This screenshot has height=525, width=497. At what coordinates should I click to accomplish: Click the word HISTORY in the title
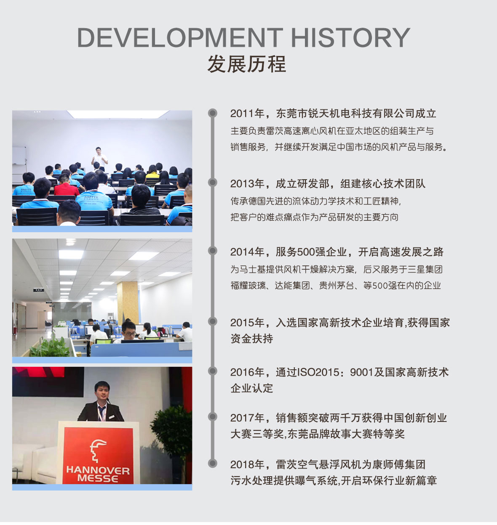pos(350,37)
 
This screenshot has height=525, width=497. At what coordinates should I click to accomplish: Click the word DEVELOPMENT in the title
pos(180,37)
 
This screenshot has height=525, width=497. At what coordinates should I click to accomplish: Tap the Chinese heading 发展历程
pos(246,64)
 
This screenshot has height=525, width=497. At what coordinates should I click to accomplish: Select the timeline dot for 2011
pos(213,113)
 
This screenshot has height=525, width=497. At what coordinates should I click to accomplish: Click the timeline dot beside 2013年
pos(213,183)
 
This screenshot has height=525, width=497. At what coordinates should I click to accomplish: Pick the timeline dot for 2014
pos(213,250)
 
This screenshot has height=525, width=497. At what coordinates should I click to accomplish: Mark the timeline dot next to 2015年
pos(213,321)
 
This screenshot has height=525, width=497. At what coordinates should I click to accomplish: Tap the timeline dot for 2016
pos(213,371)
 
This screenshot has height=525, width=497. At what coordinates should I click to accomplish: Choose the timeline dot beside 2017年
pos(213,416)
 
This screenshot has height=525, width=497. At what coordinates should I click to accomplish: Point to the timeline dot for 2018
pos(213,463)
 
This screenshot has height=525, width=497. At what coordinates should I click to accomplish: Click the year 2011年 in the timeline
pos(247,114)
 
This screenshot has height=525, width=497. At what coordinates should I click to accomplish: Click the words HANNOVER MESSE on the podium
pos(98,474)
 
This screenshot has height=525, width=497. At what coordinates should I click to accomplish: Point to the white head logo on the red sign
pos(97,451)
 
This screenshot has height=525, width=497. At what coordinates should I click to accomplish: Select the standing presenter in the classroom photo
pos(99,159)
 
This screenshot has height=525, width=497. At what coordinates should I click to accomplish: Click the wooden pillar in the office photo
pos(128,302)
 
